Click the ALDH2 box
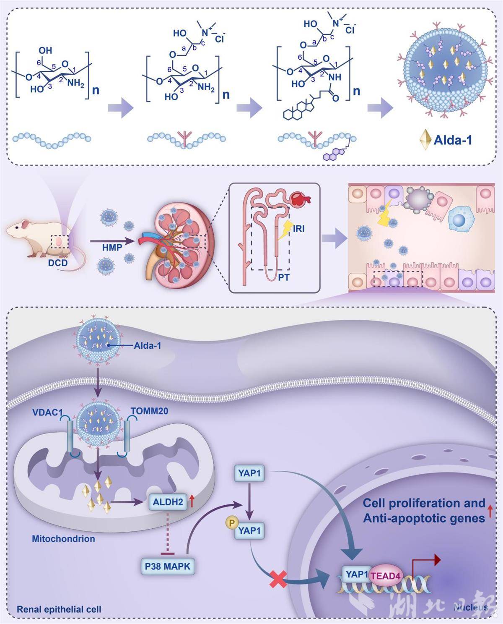(x=168, y=502)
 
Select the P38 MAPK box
(x=167, y=566)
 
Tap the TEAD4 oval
(x=385, y=576)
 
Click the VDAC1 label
(x=47, y=413)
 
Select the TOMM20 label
(x=150, y=411)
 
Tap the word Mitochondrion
(x=63, y=538)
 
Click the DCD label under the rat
(x=58, y=263)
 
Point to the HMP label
(x=112, y=248)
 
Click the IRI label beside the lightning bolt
(x=299, y=229)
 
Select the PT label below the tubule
(x=283, y=277)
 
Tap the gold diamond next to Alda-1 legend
(x=426, y=140)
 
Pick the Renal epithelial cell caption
(x=59, y=609)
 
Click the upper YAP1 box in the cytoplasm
(x=249, y=473)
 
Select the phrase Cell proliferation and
(x=424, y=503)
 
